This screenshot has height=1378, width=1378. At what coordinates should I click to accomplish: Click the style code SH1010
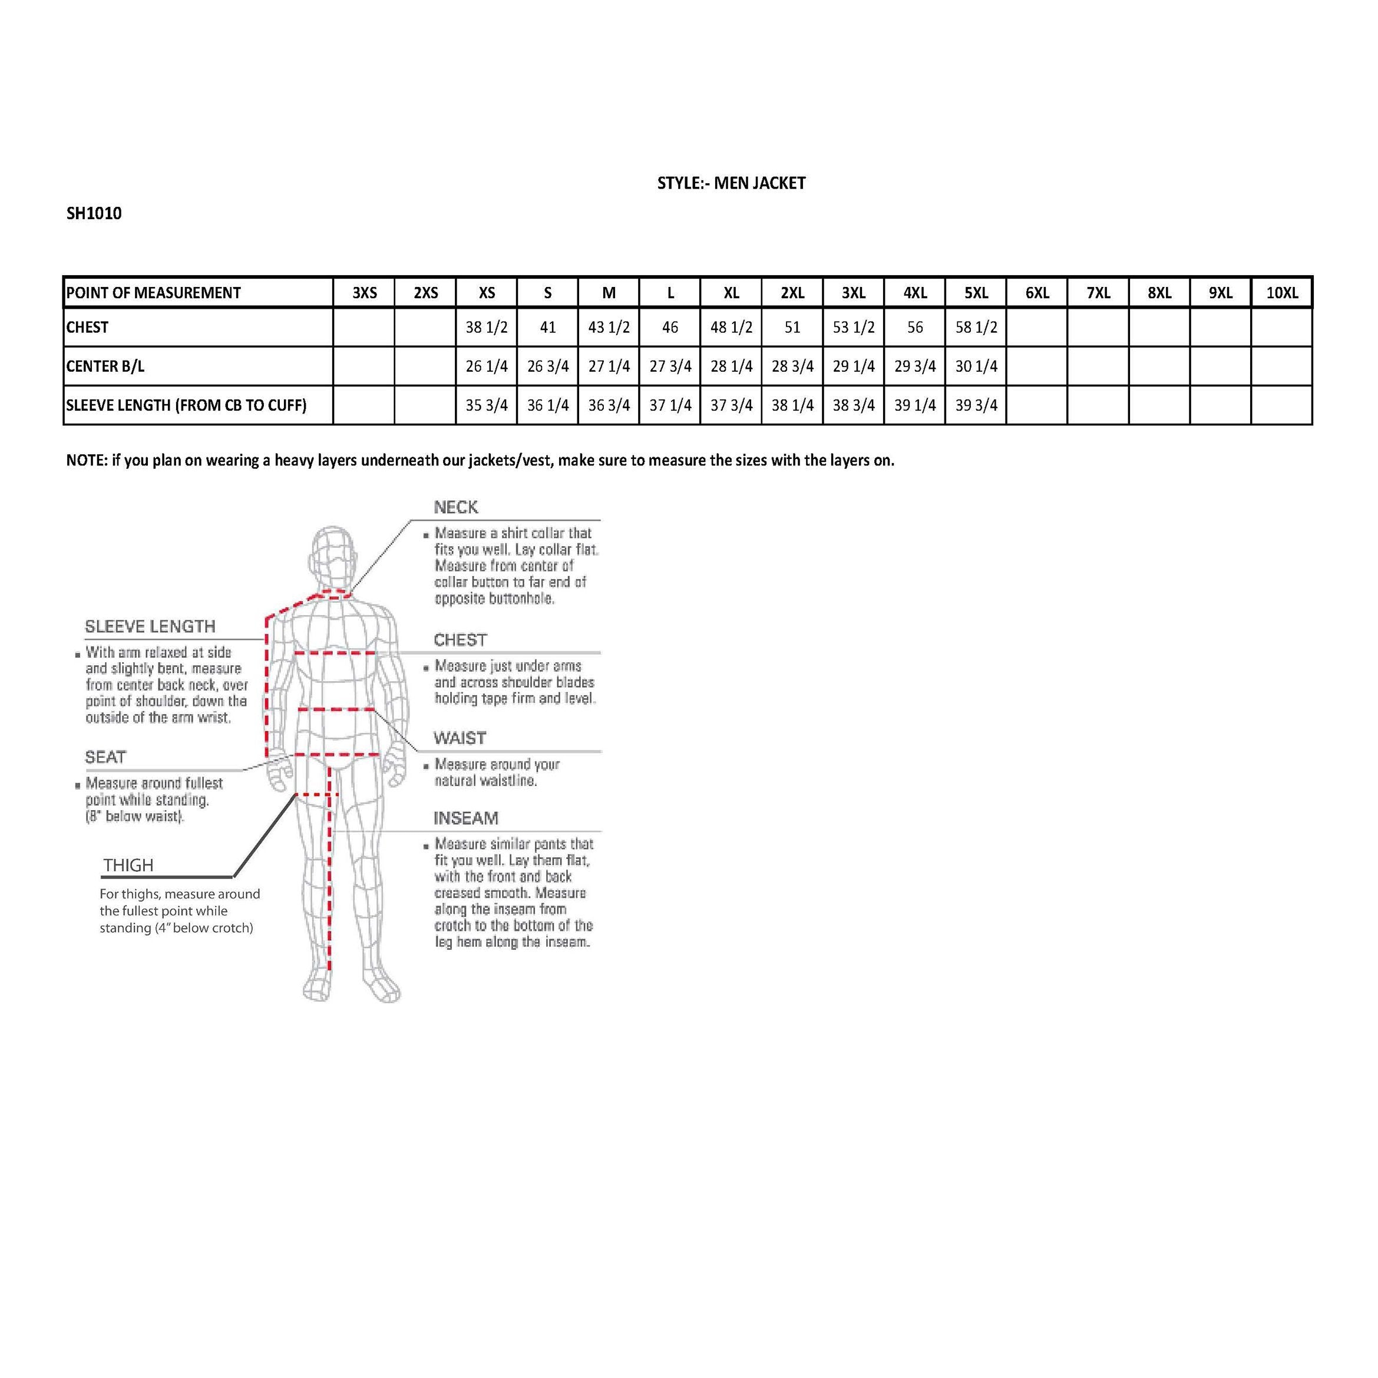coord(94,213)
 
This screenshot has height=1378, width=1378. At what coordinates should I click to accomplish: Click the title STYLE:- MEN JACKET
coord(731,183)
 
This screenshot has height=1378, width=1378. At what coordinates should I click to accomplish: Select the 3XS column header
coord(365,292)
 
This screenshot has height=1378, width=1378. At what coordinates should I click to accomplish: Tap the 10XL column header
coord(1282,292)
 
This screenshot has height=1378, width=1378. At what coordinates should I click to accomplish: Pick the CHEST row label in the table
coord(88,328)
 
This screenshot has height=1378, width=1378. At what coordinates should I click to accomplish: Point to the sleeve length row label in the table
coord(186,405)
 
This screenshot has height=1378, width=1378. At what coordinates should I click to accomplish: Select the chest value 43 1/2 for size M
coord(609,328)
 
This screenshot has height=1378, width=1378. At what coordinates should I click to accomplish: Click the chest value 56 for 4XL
coord(914,328)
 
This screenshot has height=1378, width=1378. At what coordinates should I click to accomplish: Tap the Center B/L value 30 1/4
coord(976,366)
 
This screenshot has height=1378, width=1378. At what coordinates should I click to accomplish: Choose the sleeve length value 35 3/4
coord(487,405)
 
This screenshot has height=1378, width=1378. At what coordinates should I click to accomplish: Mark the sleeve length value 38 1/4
coord(792,405)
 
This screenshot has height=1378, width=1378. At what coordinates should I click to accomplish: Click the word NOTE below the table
coord(85,460)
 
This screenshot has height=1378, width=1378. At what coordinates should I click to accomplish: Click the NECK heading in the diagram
coord(456,507)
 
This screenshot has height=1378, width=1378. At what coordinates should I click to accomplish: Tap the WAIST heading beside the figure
coord(460,738)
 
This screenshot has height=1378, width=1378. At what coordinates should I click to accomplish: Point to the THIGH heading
coord(128,865)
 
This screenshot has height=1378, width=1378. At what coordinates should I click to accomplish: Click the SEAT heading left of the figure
coord(105,757)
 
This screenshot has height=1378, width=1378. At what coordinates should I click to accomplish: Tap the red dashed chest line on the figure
coord(335,652)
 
